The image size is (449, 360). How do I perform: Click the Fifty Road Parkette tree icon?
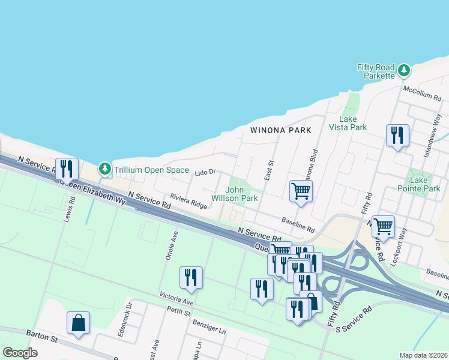click(405, 70)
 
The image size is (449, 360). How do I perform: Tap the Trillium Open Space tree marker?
click(106, 170)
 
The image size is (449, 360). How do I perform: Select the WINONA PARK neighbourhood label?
click(280, 130)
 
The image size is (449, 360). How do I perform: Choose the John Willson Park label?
click(241, 194)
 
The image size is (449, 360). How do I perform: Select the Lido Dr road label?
click(205, 173)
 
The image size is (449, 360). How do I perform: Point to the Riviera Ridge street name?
click(188, 201)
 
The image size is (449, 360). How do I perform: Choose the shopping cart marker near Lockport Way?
click(383, 226)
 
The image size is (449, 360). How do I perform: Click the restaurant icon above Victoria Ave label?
click(191, 277)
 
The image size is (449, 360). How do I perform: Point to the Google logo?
click(20, 353)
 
